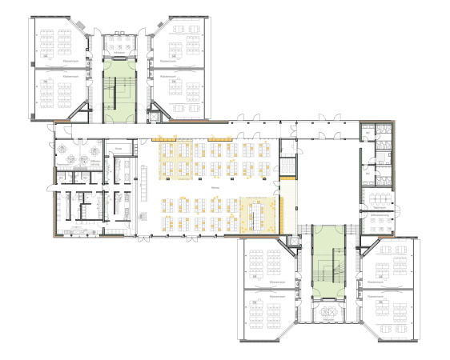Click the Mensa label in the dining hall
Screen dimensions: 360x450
pyautogui.click(x=215, y=187)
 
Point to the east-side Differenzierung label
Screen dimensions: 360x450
pyautogui.click(x=380, y=216)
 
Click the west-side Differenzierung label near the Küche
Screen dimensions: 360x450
pyautogui.click(x=94, y=161)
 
